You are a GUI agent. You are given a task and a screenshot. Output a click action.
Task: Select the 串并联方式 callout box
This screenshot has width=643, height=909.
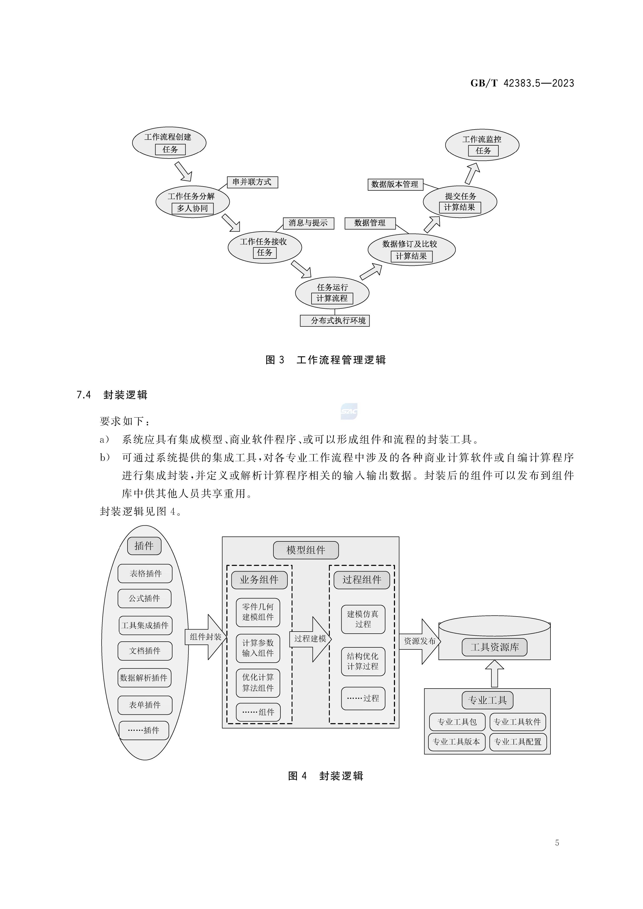pos(252,182)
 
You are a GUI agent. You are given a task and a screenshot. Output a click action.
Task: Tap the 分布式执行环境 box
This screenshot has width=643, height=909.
pos(335,321)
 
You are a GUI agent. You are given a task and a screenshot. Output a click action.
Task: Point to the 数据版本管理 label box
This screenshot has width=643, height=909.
pos(395,184)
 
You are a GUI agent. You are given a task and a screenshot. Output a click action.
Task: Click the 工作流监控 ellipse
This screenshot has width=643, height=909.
pos(482,145)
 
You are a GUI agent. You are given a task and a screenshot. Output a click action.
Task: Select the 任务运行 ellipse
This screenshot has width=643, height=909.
pos(332,293)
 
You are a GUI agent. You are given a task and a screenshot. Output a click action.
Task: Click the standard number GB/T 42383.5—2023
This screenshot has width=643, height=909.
pos(522,83)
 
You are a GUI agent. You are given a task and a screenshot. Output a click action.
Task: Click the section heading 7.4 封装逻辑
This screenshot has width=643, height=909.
pos(112,395)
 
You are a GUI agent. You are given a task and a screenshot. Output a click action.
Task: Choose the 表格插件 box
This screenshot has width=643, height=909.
pos(145,574)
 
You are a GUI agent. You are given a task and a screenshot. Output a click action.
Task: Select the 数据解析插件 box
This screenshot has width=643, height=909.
pos(144,678)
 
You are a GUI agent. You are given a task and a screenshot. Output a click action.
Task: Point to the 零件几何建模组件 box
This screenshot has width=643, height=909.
pos(258,612)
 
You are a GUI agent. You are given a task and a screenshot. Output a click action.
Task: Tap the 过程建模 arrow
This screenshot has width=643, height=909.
pos(310,639)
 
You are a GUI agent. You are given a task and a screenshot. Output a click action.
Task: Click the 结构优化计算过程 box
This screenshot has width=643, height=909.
pos(363,662)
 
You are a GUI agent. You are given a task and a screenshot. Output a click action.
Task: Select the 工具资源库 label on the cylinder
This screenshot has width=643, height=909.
pos(494,647)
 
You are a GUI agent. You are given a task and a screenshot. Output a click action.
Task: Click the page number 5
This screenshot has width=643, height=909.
pos(557,843)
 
